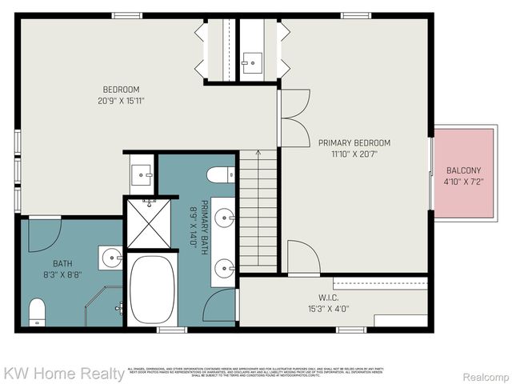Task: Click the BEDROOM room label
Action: pyautogui.click(x=121, y=89)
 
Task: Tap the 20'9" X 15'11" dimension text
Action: pyautogui.click(x=121, y=101)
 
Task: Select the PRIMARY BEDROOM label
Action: pyautogui.click(x=354, y=143)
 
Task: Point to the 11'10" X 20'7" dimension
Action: pyautogui.click(x=354, y=155)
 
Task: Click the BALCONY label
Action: pyautogui.click(x=464, y=170)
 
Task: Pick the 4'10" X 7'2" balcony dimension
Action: pyautogui.click(x=464, y=182)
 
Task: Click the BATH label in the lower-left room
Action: pyautogui.click(x=62, y=263)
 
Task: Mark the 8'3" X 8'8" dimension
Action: pyautogui.click(x=62, y=275)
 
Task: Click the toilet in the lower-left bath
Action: pyautogui.click(x=38, y=311)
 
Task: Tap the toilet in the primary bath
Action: pyautogui.click(x=220, y=175)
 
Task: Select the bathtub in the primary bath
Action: pyautogui.click(x=152, y=290)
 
